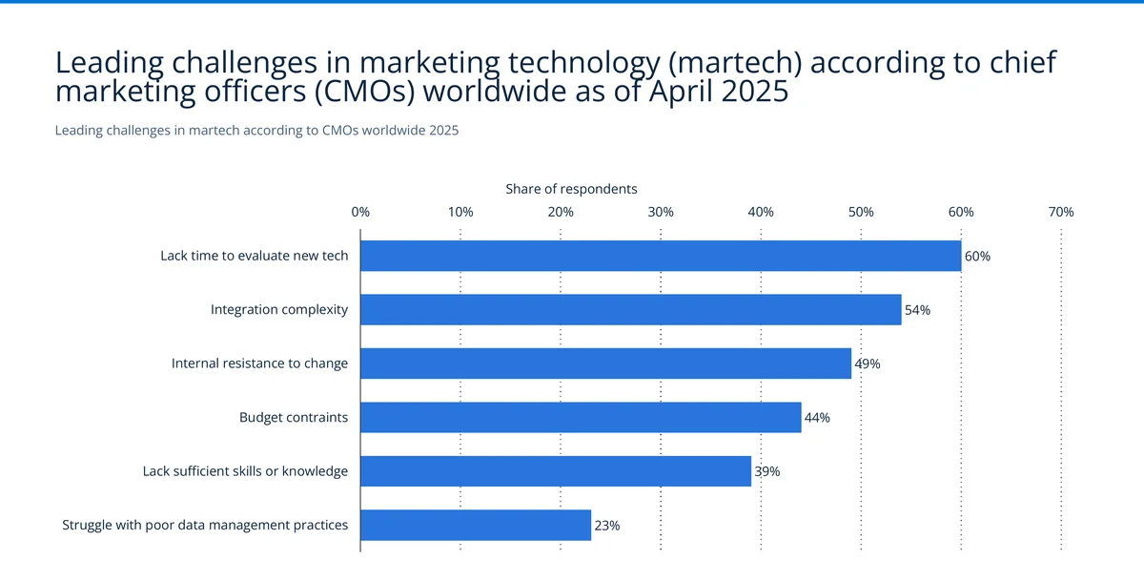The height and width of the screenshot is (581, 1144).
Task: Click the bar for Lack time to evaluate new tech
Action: (x=661, y=256)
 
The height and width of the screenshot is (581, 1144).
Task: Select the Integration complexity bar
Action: (x=630, y=310)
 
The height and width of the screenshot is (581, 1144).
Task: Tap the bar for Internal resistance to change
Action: (x=605, y=363)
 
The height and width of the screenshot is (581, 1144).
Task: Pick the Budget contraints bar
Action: (x=581, y=417)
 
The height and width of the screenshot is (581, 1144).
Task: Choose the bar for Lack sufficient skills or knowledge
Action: (x=556, y=471)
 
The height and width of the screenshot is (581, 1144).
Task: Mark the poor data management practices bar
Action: (x=476, y=525)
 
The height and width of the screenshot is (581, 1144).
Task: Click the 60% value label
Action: (x=977, y=257)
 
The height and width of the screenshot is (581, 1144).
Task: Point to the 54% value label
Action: (x=917, y=310)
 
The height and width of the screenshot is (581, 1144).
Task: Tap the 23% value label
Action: (x=606, y=525)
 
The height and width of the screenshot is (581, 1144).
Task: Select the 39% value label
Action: (x=766, y=471)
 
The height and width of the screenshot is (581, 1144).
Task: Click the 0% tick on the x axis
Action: (x=360, y=212)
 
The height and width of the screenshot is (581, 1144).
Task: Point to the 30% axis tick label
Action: (x=661, y=212)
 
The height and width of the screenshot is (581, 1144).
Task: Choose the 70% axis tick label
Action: (x=1061, y=212)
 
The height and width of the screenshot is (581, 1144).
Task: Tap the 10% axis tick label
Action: (x=460, y=212)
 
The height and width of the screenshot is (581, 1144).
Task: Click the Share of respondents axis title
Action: (x=571, y=189)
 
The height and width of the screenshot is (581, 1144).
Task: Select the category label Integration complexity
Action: (x=279, y=310)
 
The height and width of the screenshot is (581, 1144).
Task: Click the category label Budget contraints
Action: (x=294, y=417)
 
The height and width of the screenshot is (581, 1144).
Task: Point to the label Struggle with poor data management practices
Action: (x=205, y=525)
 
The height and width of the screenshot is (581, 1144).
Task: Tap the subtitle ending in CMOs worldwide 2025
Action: (x=256, y=131)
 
